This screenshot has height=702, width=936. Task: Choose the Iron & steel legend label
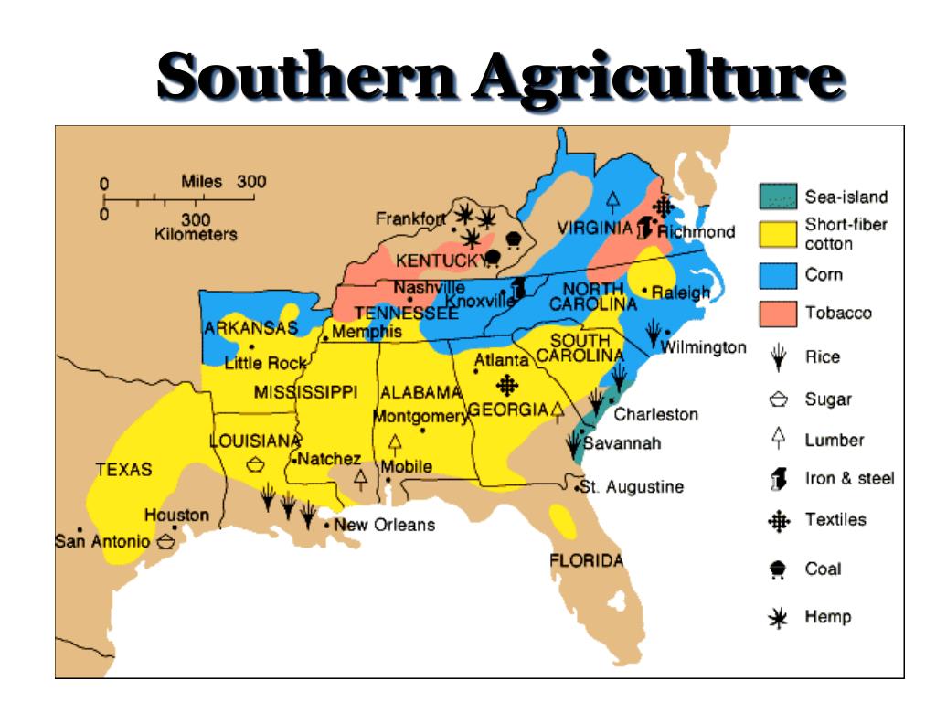(x=849, y=478)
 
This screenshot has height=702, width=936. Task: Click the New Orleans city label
(x=384, y=525)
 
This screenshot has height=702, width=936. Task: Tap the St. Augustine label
(x=633, y=487)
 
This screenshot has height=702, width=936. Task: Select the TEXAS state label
(x=123, y=470)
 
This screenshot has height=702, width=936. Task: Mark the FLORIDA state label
(x=586, y=560)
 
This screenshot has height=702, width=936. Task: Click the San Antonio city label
(x=101, y=541)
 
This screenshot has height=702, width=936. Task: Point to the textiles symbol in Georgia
(x=505, y=385)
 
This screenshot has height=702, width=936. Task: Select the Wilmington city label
(x=703, y=347)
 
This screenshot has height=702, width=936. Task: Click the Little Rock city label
(x=265, y=364)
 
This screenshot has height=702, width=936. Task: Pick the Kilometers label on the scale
(x=196, y=234)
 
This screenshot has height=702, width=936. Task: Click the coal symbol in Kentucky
(x=492, y=257)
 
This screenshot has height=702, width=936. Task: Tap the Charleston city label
(x=655, y=414)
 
